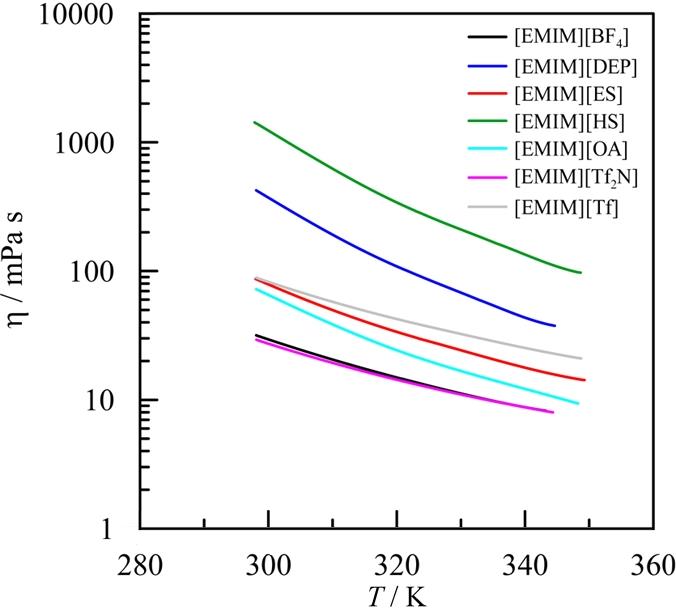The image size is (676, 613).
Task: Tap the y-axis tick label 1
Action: (x=117, y=529)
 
